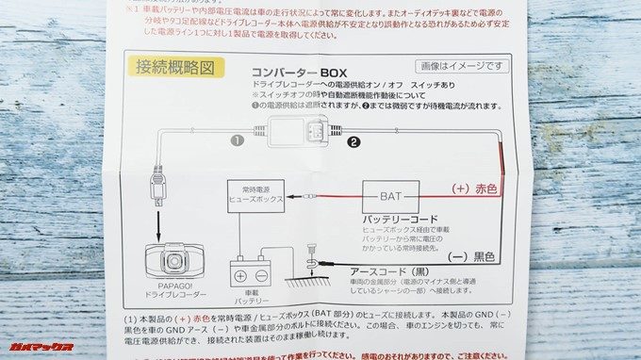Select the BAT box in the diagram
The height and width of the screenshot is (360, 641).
point(390,197)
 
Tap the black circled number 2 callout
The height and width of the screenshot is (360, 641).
point(353,144)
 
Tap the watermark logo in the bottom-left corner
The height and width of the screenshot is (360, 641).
point(40,347)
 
